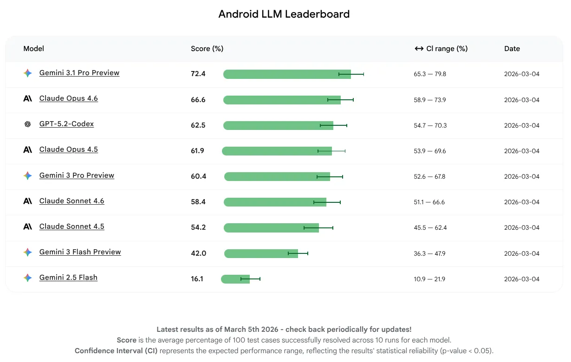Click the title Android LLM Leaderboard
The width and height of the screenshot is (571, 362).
click(x=284, y=14)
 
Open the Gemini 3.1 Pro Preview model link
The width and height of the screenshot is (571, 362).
click(x=79, y=73)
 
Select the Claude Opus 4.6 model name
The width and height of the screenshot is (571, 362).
click(x=68, y=98)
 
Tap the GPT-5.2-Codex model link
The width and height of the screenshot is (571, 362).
click(x=66, y=124)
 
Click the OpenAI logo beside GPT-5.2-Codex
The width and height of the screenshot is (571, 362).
click(x=28, y=124)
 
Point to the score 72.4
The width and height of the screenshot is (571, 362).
click(x=198, y=74)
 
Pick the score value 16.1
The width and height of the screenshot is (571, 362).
click(x=197, y=279)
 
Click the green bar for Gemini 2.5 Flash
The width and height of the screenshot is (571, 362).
click(x=235, y=279)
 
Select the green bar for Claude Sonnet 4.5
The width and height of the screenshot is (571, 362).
click(x=271, y=228)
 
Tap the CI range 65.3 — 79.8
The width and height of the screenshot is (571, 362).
click(x=430, y=74)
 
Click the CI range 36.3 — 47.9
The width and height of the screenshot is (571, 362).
click(x=430, y=253)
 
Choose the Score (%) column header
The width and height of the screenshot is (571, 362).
click(x=207, y=49)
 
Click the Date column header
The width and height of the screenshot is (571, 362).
click(x=512, y=49)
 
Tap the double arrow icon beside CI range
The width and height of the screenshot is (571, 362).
click(x=419, y=49)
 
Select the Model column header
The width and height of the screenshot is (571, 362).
click(x=33, y=49)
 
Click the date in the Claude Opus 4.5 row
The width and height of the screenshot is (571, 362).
click(x=522, y=151)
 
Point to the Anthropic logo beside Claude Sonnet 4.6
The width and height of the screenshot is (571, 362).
click(x=28, y=201)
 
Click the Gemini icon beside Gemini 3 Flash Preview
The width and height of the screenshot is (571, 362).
click(x=28, y=252)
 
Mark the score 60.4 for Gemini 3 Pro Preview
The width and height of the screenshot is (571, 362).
click(x=198, y=176)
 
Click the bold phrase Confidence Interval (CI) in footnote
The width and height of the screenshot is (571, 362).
click(x=116, y=350)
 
